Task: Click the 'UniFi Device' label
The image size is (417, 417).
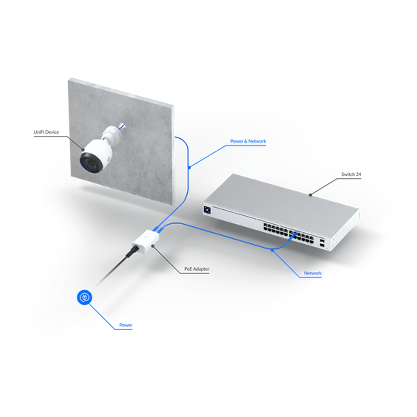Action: point(46,132)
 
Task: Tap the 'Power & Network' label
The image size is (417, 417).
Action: point(248,141)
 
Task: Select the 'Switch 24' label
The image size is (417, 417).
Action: point(351,174)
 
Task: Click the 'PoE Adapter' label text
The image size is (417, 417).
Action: point(197,269)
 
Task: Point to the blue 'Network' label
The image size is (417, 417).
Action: point(312,273)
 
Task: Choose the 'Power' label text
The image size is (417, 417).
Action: point(126,325)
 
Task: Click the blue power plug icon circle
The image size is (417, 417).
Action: point(85,297)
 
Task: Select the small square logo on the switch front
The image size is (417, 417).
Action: point(207,210)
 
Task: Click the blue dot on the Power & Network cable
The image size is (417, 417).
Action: point(189,167)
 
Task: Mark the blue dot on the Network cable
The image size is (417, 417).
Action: point(272,250)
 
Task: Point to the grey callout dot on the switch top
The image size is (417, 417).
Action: point(311,195)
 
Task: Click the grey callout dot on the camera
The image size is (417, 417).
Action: point(83,150)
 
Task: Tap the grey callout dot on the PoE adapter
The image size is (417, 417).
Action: point(153,246)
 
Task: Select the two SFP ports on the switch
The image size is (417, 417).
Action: point(322,242)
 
